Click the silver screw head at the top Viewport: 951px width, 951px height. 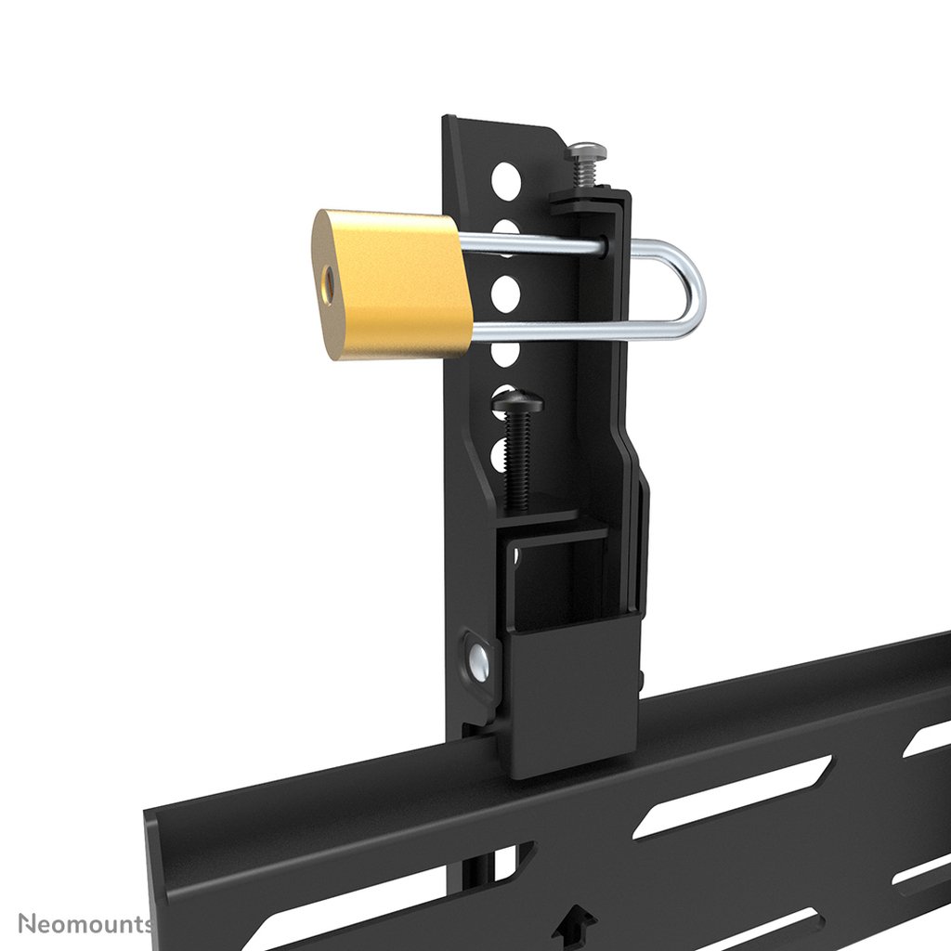coord(585,150)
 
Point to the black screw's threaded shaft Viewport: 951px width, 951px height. coord(518,460)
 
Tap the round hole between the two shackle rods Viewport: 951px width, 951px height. coord(504,293)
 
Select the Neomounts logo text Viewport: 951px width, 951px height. coord(85,923)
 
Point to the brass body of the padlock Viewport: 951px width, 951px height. coord(395,283)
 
